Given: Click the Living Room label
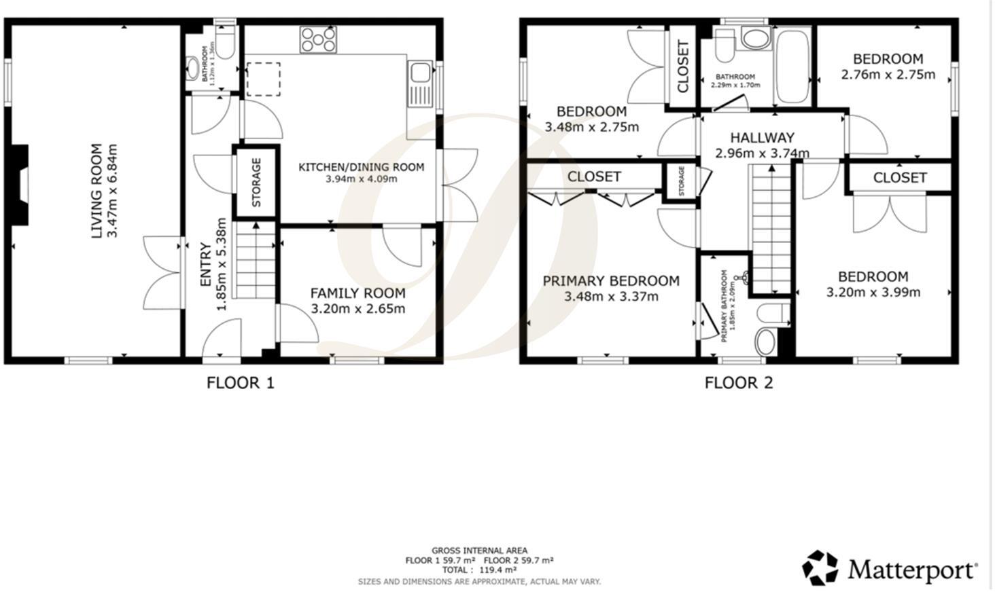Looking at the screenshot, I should coord(97,191).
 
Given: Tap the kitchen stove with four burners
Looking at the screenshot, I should coord(318,39).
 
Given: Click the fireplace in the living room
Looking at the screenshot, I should coord(22,185).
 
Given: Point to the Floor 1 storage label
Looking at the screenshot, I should coord(256,182).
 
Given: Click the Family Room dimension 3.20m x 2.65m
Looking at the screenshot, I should coord(357,309).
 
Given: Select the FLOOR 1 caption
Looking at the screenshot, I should coord(240,383).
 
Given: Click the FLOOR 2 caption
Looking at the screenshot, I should coord(739,383).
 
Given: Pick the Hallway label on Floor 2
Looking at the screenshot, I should coord(762,138).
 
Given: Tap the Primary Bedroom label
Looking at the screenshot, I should coord(610,281).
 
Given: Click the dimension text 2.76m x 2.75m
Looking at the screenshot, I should coord(888,75).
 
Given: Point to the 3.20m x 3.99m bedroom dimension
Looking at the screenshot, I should coord(873,293).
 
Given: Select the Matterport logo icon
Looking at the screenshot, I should coord(820,568).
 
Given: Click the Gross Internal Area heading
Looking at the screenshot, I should coord(479,551).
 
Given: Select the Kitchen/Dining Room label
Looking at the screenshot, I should coord(361,167).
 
